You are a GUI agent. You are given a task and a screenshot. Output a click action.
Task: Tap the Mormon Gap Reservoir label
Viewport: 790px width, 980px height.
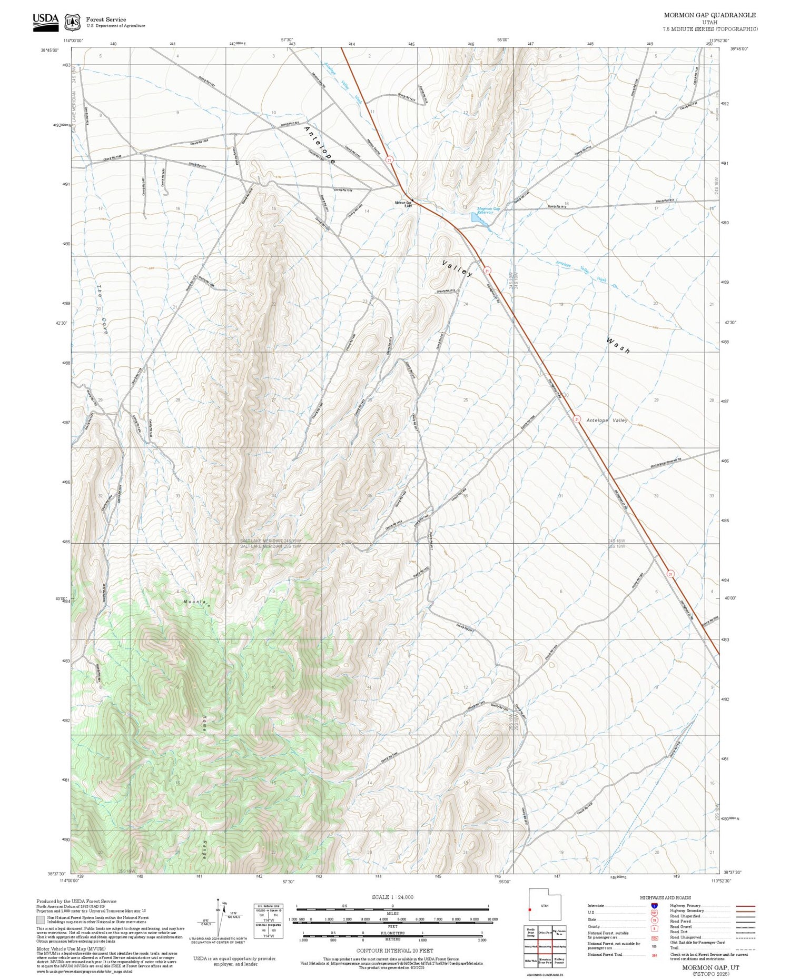coord(488,210)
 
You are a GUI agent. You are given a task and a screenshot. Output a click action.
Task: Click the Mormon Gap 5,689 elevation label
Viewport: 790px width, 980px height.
coord(403,204)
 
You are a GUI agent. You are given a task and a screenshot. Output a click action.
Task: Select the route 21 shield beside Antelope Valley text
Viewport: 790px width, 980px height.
coord(577,419)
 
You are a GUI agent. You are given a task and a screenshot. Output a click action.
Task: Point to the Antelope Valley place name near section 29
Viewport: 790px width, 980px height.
coord(607,421)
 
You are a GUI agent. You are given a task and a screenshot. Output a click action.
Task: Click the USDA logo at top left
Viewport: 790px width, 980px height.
coord(46,22)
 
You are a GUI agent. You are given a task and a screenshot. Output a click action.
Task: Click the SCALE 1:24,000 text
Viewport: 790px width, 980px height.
coord(392,897)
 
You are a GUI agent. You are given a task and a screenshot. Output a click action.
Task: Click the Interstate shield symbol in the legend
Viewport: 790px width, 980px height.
coord(654,905)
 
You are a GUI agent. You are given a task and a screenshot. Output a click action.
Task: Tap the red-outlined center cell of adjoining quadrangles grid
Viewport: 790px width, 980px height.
coord(545,946)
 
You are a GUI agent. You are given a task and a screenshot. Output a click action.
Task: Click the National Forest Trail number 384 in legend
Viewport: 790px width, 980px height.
coord(654,955)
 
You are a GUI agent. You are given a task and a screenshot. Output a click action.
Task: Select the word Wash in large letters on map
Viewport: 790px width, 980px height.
coord(618,346)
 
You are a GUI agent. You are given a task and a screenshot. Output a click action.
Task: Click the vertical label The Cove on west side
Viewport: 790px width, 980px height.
coord(102,311)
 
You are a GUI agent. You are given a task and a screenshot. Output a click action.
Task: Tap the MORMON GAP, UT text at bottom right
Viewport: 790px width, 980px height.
coord(710,967)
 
